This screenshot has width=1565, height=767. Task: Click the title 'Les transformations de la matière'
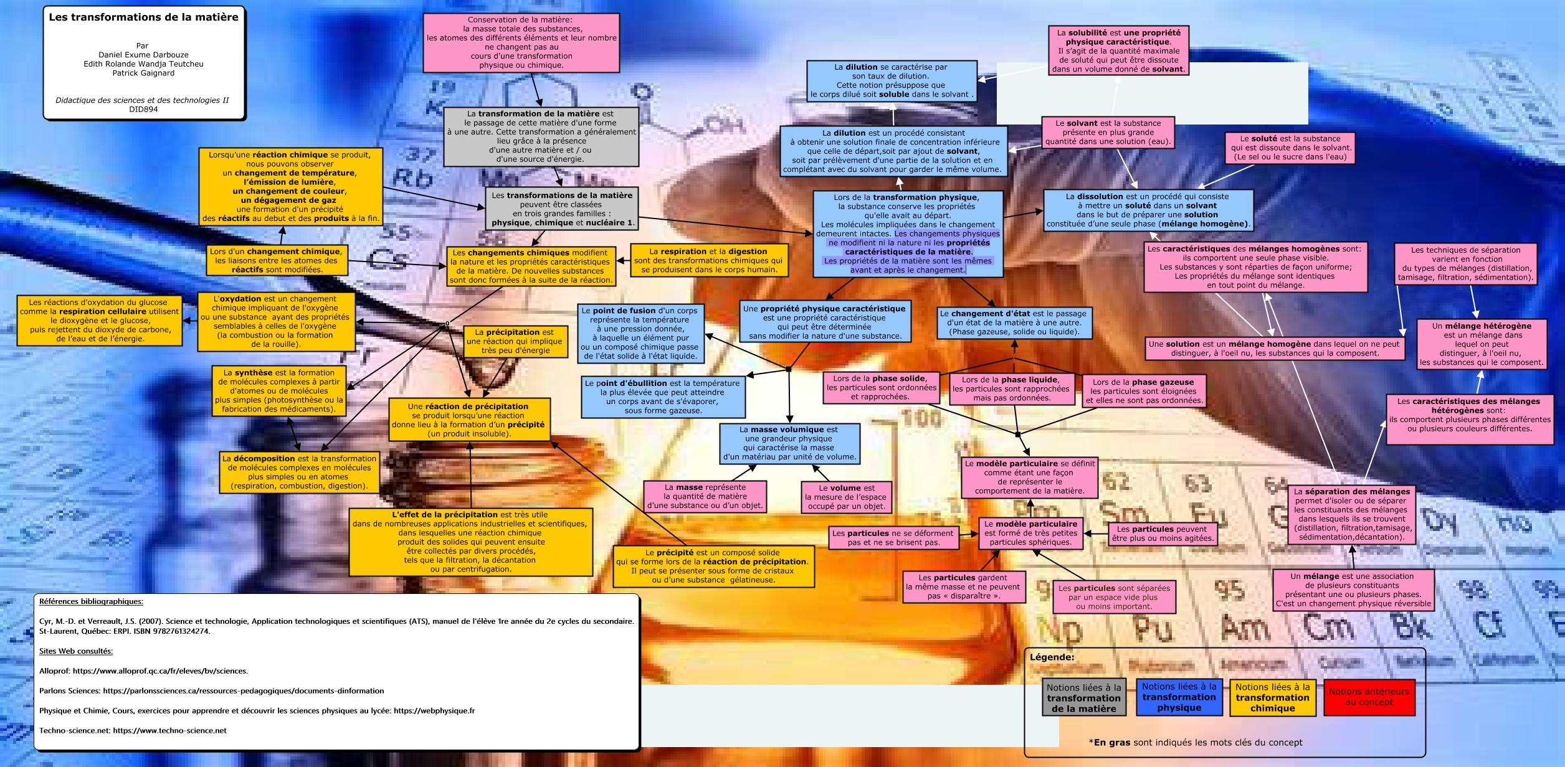tap(143, 17)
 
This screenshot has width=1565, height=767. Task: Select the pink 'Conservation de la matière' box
tap(521, 42)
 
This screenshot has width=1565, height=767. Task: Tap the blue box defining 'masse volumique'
tap(789, 443)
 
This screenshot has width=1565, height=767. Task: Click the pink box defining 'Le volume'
tap(846, 497)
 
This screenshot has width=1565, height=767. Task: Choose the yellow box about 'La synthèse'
tap(278, 391)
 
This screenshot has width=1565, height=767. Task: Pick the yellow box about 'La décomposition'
tap(299, 472)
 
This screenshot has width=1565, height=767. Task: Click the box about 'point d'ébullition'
tap(663, 397)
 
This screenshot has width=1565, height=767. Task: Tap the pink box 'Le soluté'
tap(1290, 148)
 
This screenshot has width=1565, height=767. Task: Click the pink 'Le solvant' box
tap(1108, 133)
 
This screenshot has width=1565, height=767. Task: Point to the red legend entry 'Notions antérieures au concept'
tap(1369, 697)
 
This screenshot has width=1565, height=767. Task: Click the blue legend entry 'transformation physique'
tap(1179, 697)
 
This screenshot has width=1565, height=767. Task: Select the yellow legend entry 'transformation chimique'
tap(1272, 697)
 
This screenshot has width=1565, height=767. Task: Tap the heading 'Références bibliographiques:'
tap(91, 601)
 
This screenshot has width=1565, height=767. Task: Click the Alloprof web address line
tap(143, 671)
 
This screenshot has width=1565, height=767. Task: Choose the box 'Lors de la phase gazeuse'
tap(1143, 391)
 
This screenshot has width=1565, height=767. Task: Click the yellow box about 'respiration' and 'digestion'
tap(708, 260)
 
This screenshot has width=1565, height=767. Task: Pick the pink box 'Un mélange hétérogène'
tap(1481, 344)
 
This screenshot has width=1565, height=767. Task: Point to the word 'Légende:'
tap(1052, 657)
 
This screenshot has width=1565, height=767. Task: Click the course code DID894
tap(143, 109)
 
